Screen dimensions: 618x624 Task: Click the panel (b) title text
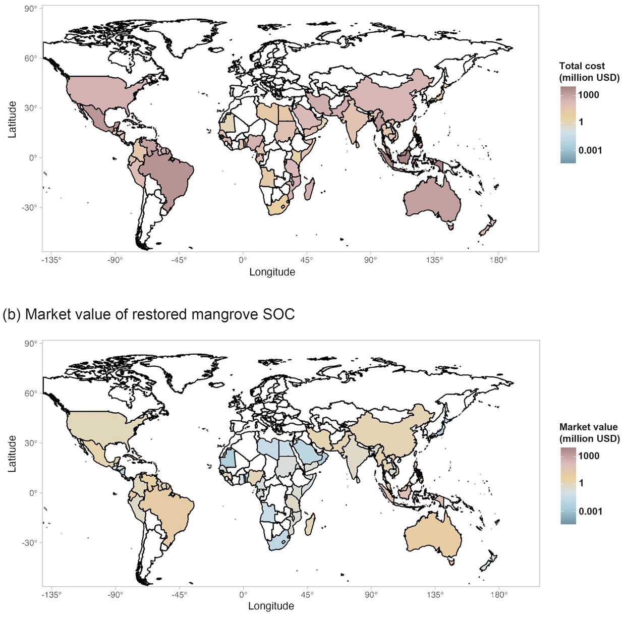(x=149, y=314)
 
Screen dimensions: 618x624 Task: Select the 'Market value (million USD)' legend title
(x=589, y=433)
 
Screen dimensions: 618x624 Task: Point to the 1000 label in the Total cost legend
(x=589, y=95)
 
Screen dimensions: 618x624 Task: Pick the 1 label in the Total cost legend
(x=581, y=122)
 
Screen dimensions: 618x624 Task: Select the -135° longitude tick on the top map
(x=52, y=260)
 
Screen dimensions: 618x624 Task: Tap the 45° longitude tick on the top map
(x=307, y=260)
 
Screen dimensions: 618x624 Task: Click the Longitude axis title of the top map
(x=272, y=272)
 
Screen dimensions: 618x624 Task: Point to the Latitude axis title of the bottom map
(x=12, y=454)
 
